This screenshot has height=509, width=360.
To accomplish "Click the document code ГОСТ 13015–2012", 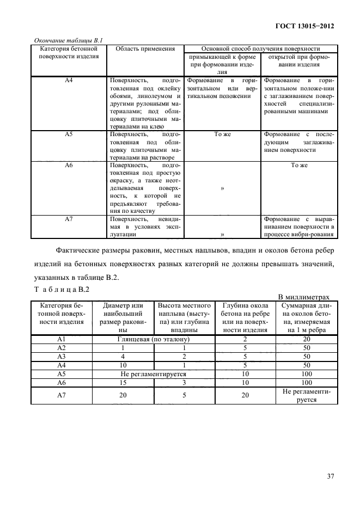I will tap(307, 26).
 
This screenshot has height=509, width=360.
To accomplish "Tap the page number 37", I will tap(330, 476).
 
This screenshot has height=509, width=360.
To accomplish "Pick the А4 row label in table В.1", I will tap(69, 80).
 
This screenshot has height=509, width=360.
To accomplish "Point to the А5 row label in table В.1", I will tap(69, 133).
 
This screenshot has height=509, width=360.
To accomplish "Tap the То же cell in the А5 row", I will tap(223, 133).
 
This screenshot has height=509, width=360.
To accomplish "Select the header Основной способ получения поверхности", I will tap(261, 48).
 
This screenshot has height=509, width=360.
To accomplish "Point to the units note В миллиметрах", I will tap(304, 297).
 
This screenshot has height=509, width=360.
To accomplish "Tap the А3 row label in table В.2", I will tap(61, 357).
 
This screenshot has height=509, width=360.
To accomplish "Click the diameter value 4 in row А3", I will tap(124, 357).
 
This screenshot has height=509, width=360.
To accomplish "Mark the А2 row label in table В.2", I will tap(61, 347).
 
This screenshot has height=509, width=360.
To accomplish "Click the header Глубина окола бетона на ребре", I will tap(246, 317).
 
